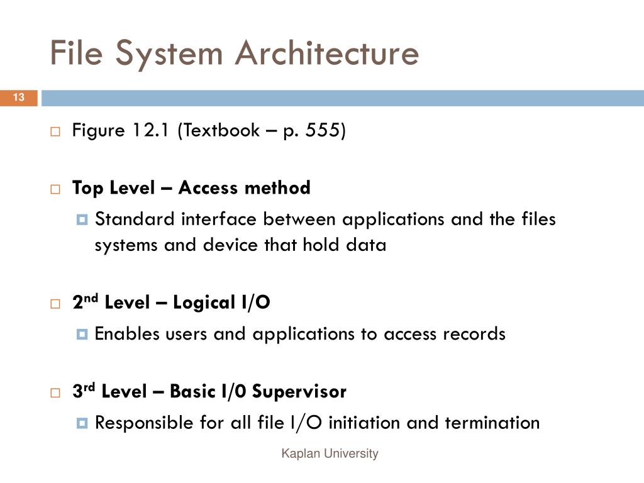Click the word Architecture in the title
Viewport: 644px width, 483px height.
coord(327,53)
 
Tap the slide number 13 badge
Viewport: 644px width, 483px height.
coord(18,97)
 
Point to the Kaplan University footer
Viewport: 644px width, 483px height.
coord(330,453)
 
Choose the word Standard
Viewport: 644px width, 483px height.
coord(136,219)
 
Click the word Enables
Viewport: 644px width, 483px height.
coord(127,334)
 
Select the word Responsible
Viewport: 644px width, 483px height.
coord(145,423)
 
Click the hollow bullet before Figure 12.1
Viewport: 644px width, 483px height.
coord(55,132)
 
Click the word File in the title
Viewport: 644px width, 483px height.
coord(71,53)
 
